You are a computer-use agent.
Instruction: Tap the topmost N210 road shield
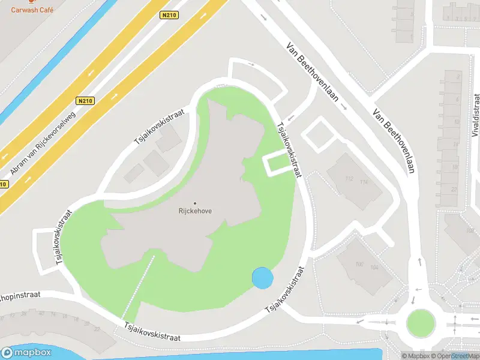click(168, 16)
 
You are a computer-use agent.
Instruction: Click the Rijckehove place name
click(195, 211)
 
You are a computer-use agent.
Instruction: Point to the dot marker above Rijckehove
click(195, 203)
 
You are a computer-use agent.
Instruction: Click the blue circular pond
click(262, 278)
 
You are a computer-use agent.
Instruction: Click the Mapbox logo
click(26, 353)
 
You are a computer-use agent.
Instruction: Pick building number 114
click(363, 182)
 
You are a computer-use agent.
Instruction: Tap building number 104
click(376, 267)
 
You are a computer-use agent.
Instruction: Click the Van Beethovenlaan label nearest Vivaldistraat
click(394, 141)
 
